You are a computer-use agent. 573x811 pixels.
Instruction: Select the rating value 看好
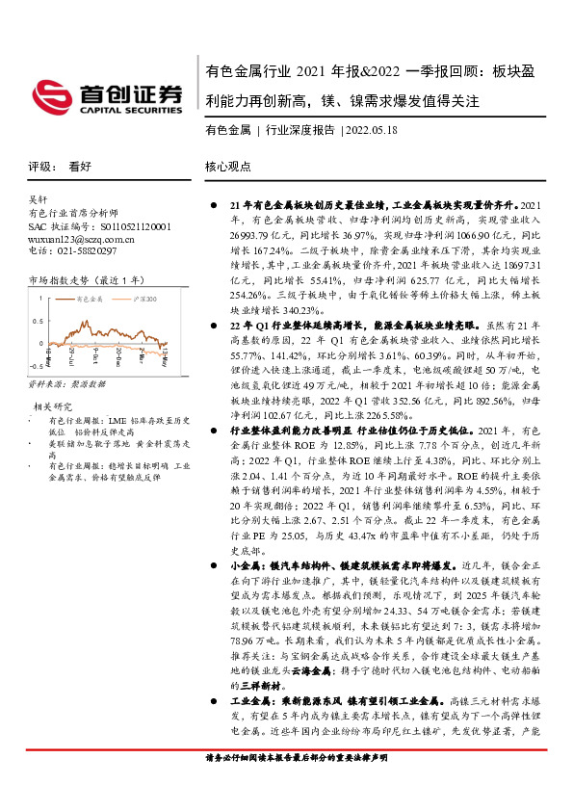pos(80,166)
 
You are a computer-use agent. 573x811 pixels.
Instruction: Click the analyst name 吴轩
pos(38,200)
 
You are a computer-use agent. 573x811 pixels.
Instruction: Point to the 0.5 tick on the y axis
pos(35,320)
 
